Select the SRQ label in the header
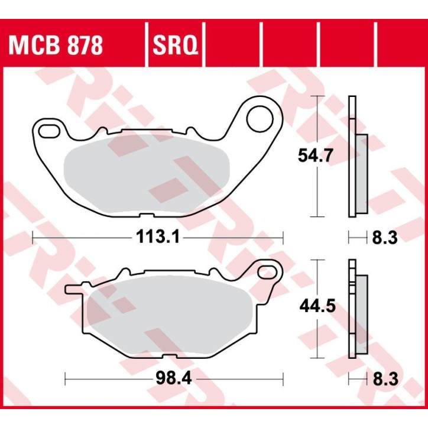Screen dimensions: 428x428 click(174, 44)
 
